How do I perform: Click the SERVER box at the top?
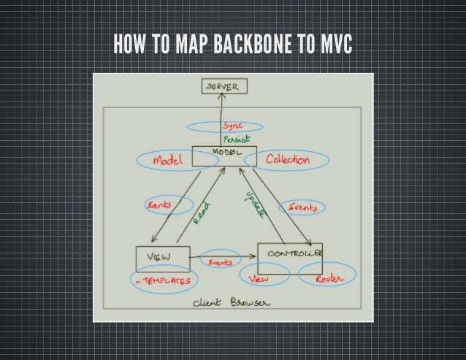pyautogui.click(x=224, y=88)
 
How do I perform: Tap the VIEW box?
pyautogui.click(x=162, y=258)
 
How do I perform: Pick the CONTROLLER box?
pyautogui.click(x=291, y=253)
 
